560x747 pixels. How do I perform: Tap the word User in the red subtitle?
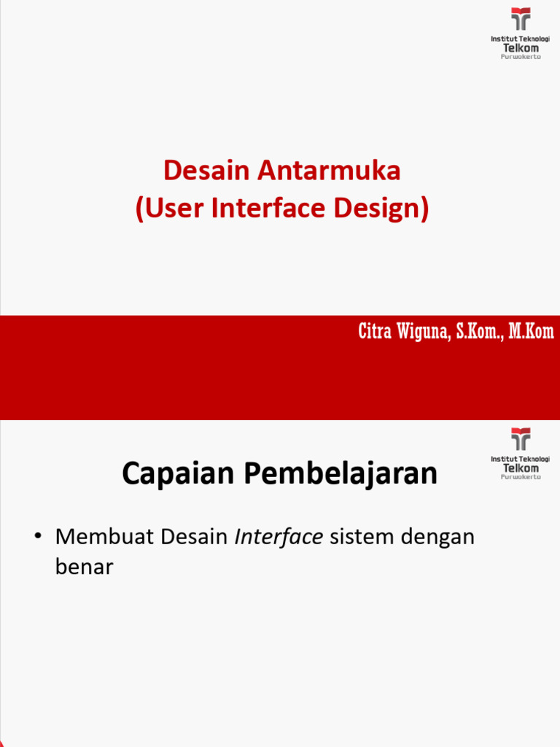click(x=169, y=209)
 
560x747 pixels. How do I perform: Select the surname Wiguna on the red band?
click(x=424, y=332)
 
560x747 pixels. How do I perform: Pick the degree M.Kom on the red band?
click(x=532, y=332)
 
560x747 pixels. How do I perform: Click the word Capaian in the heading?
click(x=178, y=474)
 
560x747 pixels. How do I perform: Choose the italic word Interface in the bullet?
click(x=279, y=538)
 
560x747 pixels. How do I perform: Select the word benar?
click(x=84, y=567)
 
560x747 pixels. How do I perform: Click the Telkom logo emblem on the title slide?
click(x=521, y=18)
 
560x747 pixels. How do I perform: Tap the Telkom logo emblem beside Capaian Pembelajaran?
click(x=521, y=439)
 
